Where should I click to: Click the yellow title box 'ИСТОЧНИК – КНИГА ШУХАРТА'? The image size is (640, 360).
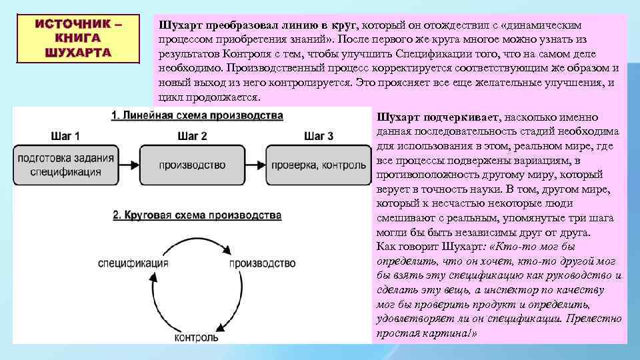[x=78, y=39]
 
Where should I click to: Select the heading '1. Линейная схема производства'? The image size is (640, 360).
[x=197, y=116]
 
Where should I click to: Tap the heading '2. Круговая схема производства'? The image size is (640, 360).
[x=197, y=216]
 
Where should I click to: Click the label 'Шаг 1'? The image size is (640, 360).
[x=65, y=137]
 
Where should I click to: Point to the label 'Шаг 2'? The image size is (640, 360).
[x=192, y=137]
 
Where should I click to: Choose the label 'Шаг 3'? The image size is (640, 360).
[x=319, y=137]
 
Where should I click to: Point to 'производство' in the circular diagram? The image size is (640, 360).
[x=262, y=263]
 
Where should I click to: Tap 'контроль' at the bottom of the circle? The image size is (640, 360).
[x=196, y=337]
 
